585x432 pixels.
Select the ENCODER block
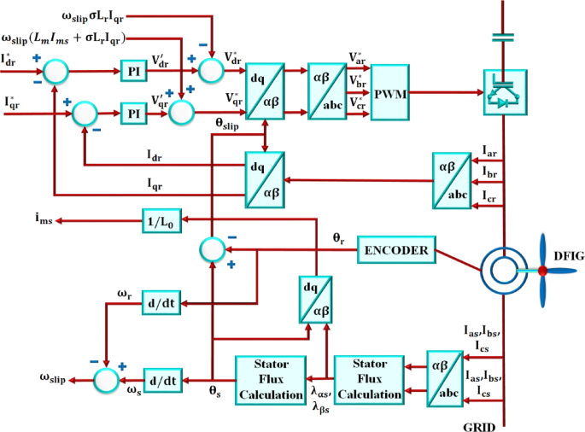click(396, 250)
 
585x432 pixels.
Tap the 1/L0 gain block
click(162, 222)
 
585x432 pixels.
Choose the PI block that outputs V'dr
click(132, 70)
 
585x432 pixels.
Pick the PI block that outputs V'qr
click(133, 113)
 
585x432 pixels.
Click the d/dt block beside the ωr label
click(159, 302)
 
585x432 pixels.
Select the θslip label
click(232, 124)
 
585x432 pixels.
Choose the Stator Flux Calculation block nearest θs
click(269, 377)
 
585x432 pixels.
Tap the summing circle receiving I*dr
click(55, 70)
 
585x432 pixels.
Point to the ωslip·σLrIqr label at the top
click(105, 17)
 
